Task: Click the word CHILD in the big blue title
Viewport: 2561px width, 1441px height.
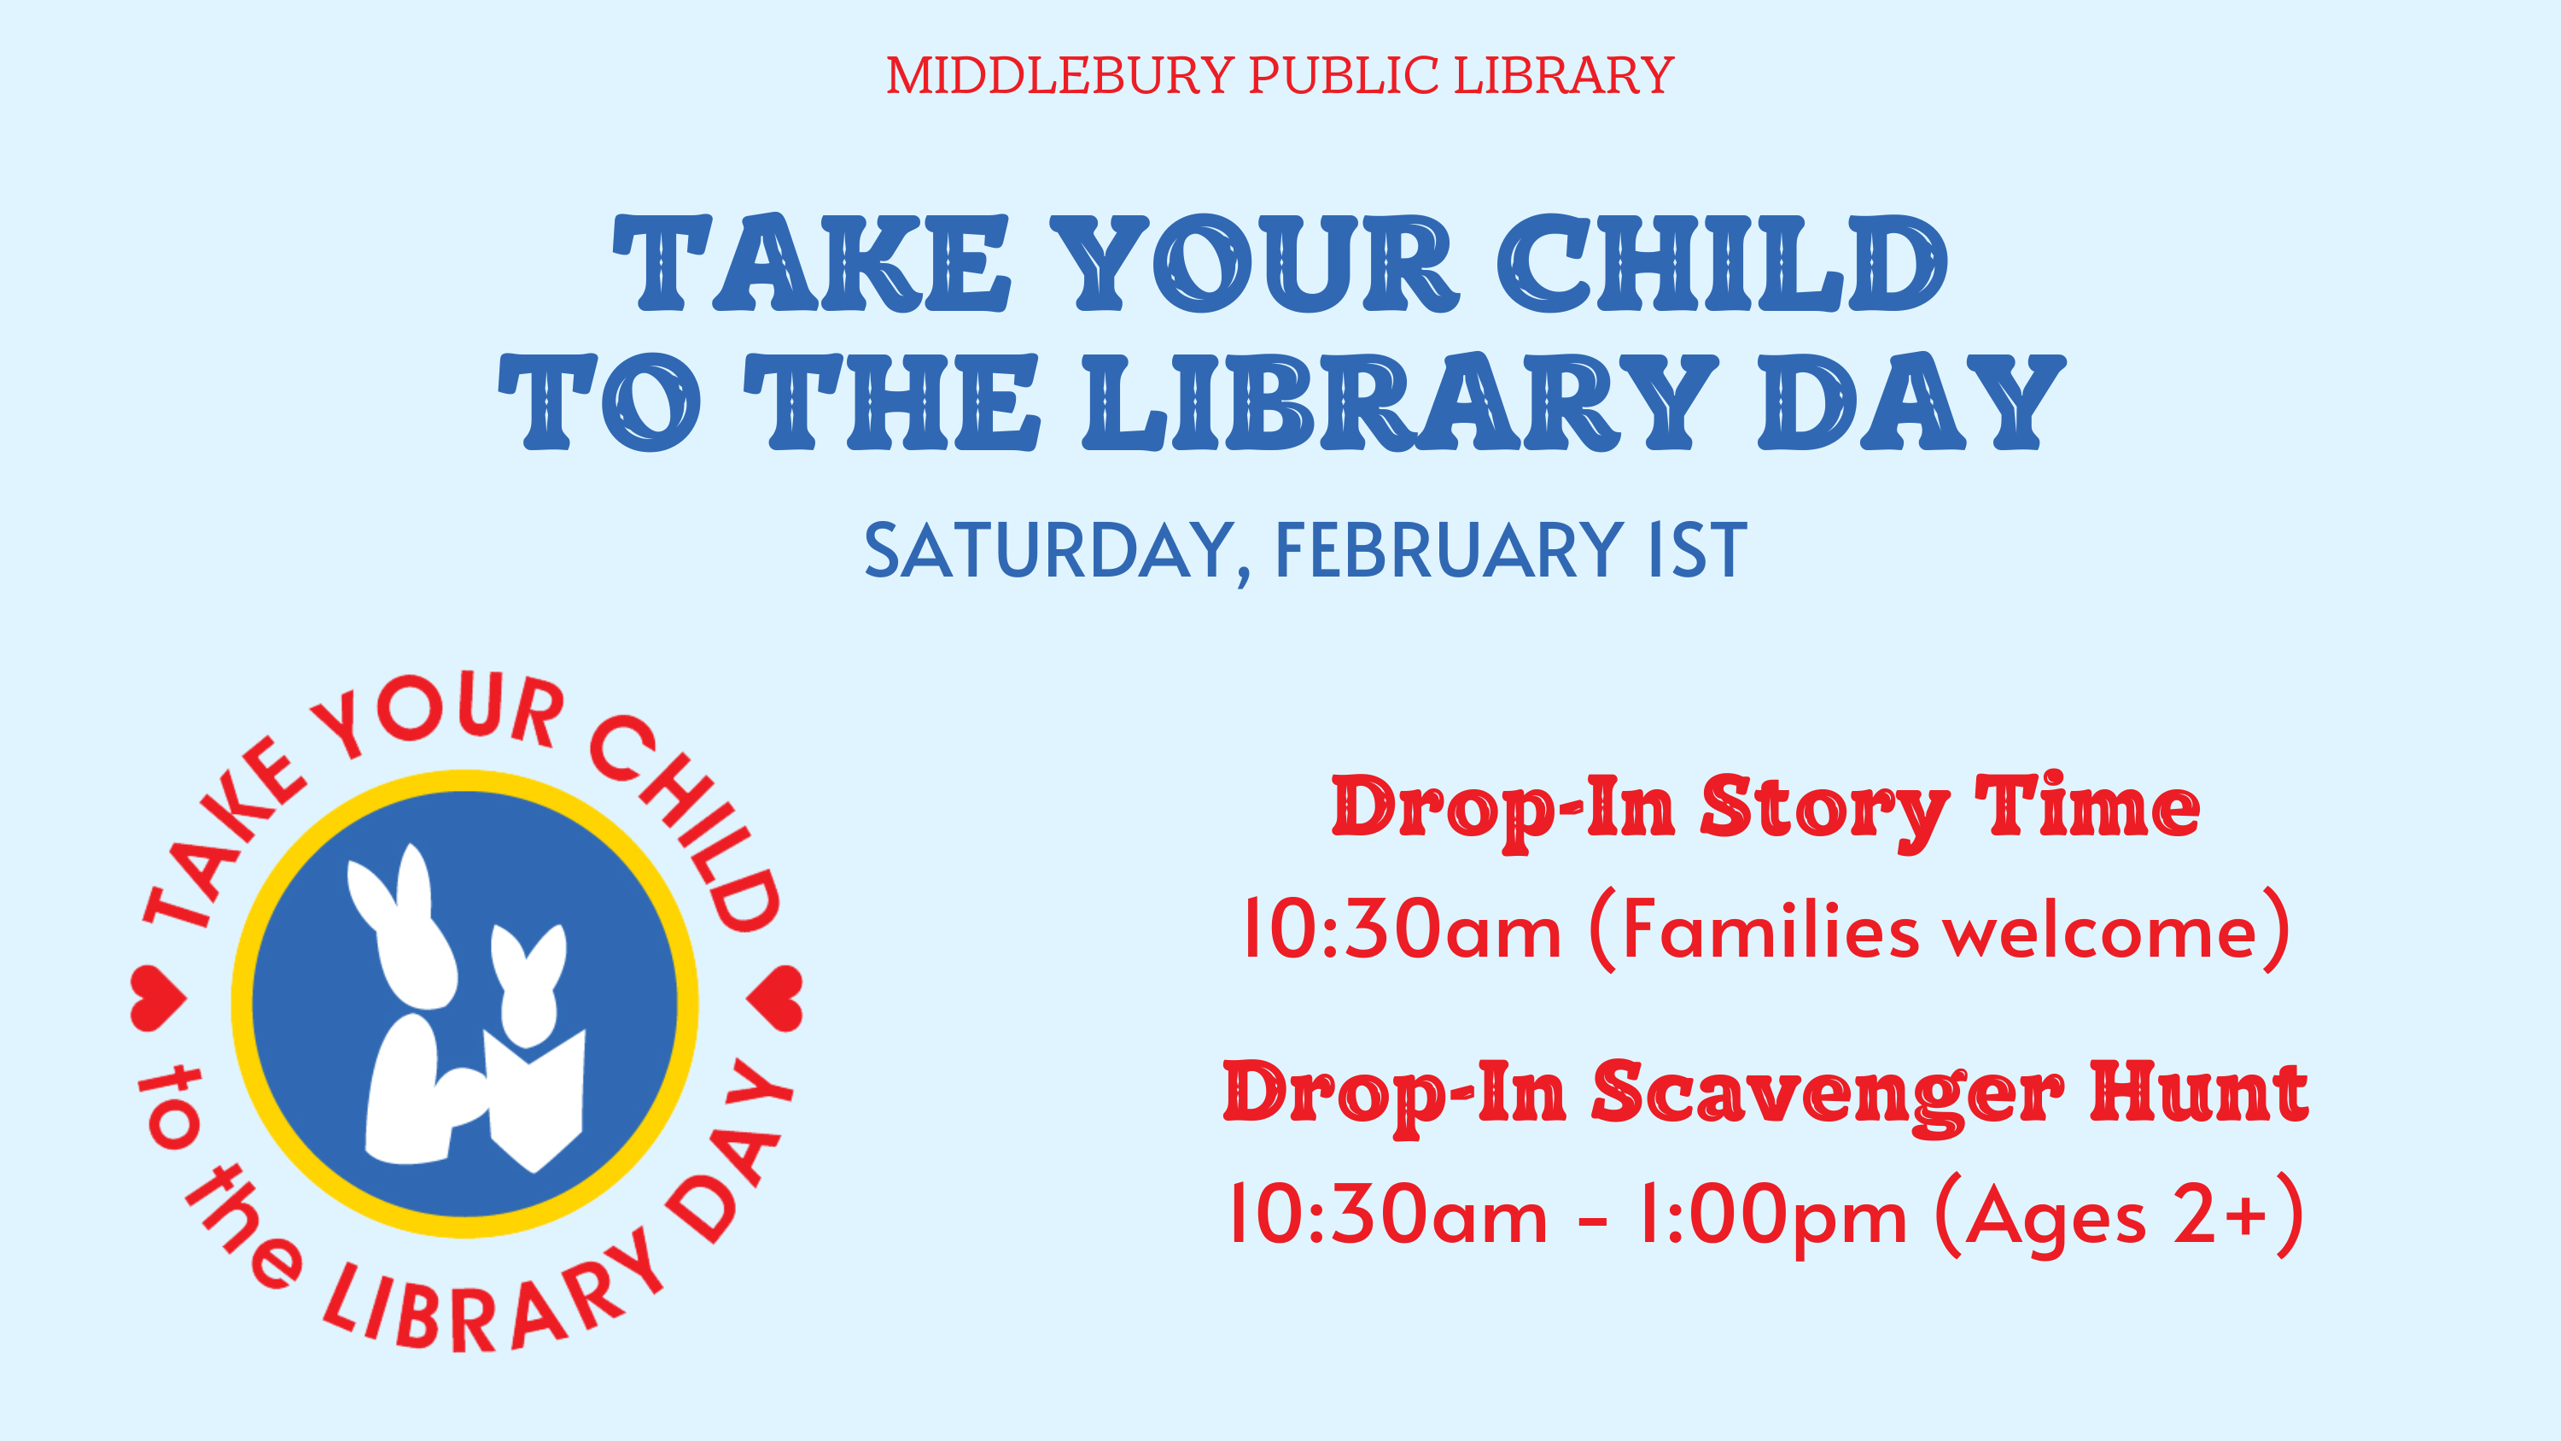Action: tap(1722, 262)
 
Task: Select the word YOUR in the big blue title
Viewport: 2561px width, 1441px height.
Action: tap(1255, 262)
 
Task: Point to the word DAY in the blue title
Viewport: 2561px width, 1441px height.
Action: tap(1911, 401)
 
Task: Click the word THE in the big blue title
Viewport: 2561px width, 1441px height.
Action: tap(892, 401)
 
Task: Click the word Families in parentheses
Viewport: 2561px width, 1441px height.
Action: tap(1770, 931)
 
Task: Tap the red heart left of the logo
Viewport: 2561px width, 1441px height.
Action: tap(157, 998)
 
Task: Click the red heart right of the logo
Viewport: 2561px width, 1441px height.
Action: tap(774, 998)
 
